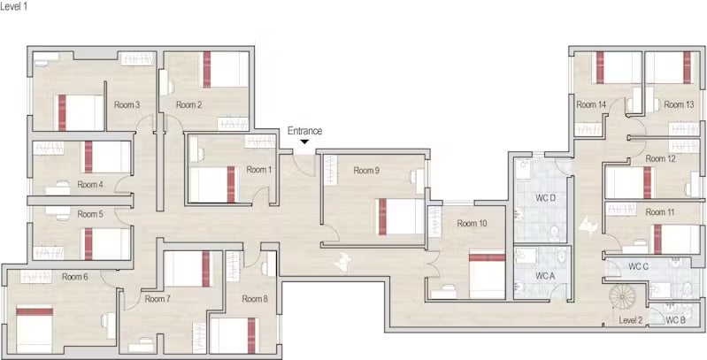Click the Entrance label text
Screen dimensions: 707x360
tap(304, 131)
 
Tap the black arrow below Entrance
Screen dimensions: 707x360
tap(304, 142)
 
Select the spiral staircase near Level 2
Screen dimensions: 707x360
tap(622, 295)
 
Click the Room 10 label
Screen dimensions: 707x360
tap(473, 224)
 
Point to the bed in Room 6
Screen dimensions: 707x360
tap(35, 329)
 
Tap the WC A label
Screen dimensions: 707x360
tap(545, 276)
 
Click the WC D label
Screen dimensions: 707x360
tap(545, 197)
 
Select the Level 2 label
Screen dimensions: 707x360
tap(630, 321)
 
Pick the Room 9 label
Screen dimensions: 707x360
tap(366, 171)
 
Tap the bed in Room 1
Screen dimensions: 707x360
tap(212, 185)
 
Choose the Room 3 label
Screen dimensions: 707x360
tap(127, 105)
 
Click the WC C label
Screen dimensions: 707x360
tap(639, 266)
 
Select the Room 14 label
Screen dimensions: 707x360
tap(591, 104)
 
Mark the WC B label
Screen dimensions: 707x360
tap(675, 321)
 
